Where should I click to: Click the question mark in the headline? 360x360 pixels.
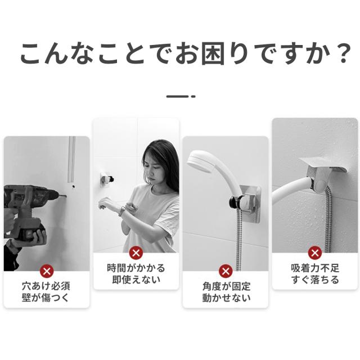[x=344, y=54]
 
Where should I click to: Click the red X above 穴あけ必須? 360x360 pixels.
[x=47, y=271]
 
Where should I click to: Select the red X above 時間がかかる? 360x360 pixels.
[x=136, y=253]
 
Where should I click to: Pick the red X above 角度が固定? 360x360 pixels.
[x=226, y=271]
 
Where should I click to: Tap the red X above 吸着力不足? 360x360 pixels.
[x=315, y=253]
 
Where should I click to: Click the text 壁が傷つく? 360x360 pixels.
[x=46, y=298]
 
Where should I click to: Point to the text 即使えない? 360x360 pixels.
[x=136, y=280]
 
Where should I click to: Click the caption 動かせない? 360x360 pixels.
[x=226, y=298]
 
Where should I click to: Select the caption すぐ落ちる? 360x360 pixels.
[x=315, y=280]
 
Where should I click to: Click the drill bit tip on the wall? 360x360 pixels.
[x=66, y=196]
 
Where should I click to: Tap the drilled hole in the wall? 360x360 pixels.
[x=73, y=187]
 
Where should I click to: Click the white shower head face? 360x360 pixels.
[x=198, y=162]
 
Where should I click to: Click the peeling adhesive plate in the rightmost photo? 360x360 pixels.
[x=322, y=164]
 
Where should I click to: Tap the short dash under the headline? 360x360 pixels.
[x=181, y=96]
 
